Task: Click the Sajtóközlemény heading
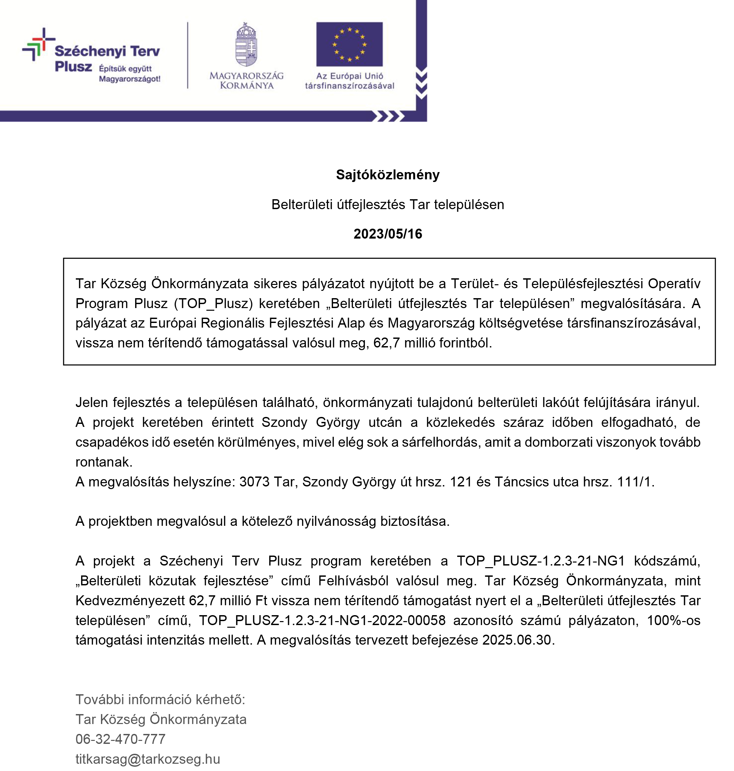[387, 175]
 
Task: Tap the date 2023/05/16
[387, 234]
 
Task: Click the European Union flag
[349, 44]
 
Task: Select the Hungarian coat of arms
[246, 45]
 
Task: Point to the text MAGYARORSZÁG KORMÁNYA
[246, 80]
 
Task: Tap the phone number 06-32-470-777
[121, 739]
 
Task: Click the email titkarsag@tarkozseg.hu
[148, 759]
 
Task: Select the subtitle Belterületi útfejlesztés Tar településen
[387, 204]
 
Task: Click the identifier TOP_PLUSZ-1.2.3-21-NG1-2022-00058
[322, 620]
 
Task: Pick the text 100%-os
[673, 620]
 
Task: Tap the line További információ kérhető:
[160, 700]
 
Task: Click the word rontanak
[104, 462]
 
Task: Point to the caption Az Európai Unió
[349, 76]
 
